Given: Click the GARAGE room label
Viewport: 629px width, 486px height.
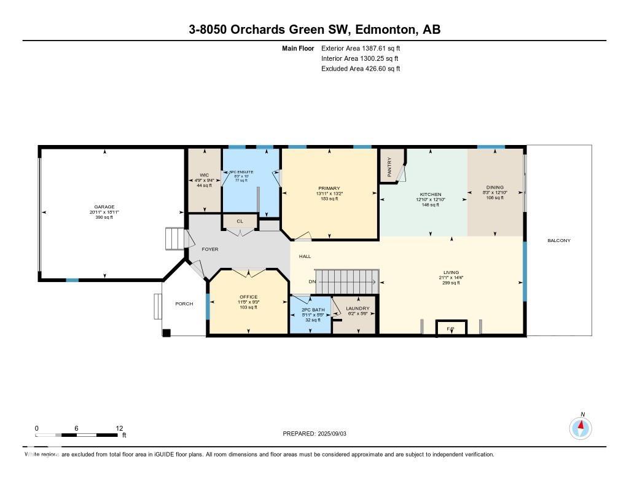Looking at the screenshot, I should coord(104,207).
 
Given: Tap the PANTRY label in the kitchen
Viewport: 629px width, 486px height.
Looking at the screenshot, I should coord(389,166).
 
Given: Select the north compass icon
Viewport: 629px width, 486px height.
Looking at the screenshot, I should coord(580,427).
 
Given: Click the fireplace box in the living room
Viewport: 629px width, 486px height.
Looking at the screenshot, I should coord(451,328).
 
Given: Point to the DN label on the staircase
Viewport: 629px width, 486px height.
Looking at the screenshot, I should coord(312,282).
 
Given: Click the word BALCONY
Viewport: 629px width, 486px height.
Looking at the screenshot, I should coord(559,240).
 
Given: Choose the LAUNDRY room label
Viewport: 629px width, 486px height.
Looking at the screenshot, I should coord(357,308).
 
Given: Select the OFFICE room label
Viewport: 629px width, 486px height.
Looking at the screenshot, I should coord(248,297).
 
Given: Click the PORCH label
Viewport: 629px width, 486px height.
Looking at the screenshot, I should coord(184,304).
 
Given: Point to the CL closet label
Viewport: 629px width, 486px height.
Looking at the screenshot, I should coord(240,221).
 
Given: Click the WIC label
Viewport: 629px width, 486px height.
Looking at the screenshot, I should coord(196,174).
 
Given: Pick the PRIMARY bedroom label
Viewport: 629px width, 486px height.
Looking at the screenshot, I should coord(329,189).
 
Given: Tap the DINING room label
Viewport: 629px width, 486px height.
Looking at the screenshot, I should coord(495,187).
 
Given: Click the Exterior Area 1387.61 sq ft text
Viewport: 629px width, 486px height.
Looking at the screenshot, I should coord(361,48).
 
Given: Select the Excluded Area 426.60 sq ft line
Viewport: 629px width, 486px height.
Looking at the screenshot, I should coord(361,69).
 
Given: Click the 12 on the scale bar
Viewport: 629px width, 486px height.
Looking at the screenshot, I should coord(120,428).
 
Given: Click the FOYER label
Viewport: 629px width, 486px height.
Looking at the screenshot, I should coord(208,249).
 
